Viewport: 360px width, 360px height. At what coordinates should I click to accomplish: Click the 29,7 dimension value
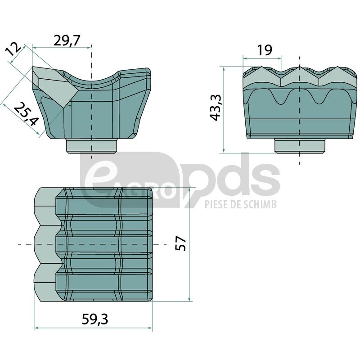click(x=67, y=40)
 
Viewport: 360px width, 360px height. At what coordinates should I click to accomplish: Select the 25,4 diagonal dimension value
click(x=25, y=113)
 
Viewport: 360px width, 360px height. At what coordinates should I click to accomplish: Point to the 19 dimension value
click(x=265, y=50)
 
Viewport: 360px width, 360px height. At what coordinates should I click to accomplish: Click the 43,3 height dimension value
click(x=216, y=108)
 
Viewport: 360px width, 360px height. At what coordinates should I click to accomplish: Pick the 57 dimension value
click(x=180, y=243)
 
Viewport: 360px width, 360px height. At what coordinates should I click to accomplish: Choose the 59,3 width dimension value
click(x=94, y=319)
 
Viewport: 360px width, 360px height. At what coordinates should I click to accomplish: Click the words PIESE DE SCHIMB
click(x=241, y=204)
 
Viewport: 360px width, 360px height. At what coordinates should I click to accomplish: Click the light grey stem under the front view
click(x=92, y=146)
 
